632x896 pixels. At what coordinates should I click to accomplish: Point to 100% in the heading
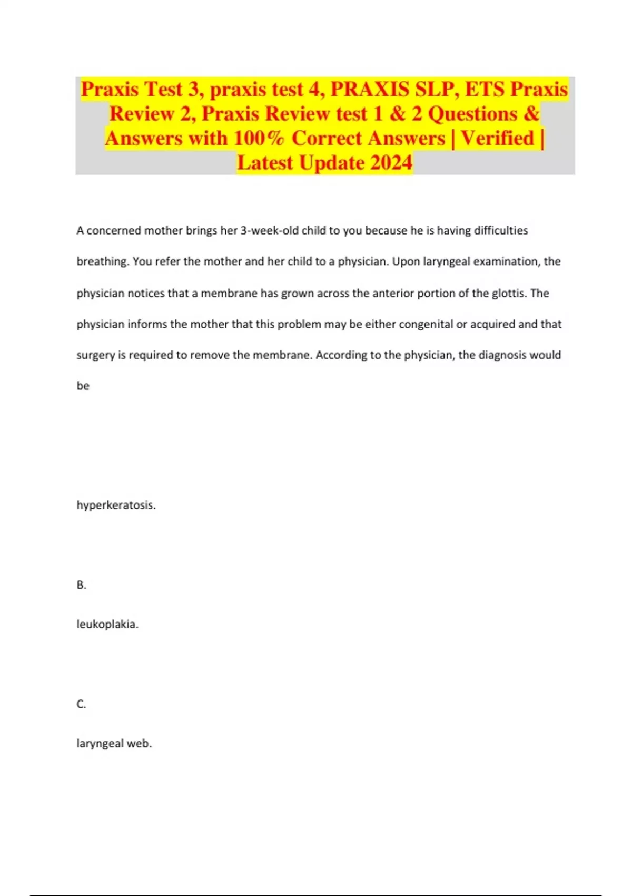(259, 138)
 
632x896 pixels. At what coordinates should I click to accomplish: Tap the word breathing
(103, 262)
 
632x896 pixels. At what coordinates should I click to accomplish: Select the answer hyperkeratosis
(116, 505)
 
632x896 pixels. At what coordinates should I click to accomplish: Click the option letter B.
(81, 585)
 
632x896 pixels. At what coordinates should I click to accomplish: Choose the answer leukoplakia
(107, 624)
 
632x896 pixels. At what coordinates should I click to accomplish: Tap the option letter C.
(81, 704)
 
